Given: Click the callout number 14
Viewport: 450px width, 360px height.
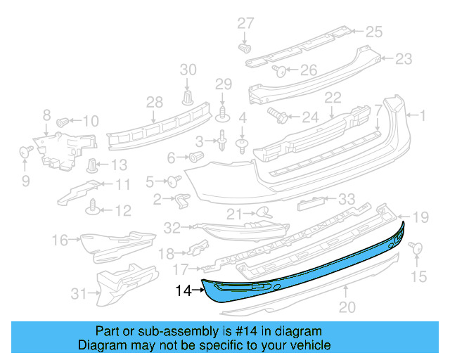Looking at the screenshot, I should [x=183, y=289].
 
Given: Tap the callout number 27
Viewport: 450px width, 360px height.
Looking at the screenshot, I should [x=245, y=23].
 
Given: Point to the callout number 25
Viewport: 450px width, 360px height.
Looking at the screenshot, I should [x=373, y=31].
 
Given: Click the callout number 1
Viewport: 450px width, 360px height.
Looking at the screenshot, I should [x=423, y=114].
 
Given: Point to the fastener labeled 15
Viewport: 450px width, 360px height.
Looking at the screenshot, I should [x=416, y=248].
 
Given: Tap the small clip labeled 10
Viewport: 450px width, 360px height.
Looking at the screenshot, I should [x=62, y=121].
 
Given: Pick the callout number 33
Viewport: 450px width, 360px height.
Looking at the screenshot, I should [x=347, y=199].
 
